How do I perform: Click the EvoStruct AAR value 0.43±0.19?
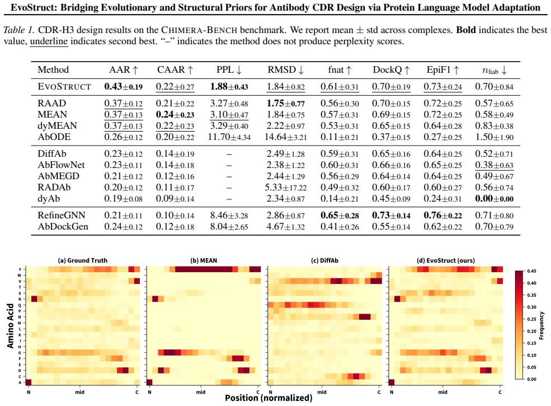point(123,87)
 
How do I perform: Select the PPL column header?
point(229,69)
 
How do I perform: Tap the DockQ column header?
point(391,69)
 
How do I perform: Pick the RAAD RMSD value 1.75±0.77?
point(286,104)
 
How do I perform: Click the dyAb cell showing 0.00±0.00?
point(494,199)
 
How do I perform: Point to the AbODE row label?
point(54,137)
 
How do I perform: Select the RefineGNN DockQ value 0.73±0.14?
point(391,215)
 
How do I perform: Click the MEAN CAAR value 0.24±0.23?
point(175,115)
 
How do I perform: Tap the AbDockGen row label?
point(63,227)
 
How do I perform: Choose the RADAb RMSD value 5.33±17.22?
point(286,188)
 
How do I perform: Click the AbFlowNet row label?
point(61,165)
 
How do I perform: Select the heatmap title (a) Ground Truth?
point(83,260)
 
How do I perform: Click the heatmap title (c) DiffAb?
point(324,260)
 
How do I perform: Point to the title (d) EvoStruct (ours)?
point(446,260)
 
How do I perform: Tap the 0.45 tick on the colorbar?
point(531,271)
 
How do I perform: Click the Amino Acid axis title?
point(10,326)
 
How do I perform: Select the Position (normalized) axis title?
point(269,398)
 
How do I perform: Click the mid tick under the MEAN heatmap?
point(201,392)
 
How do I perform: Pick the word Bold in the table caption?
point(466,30)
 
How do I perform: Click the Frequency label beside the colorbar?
point(541,325)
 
